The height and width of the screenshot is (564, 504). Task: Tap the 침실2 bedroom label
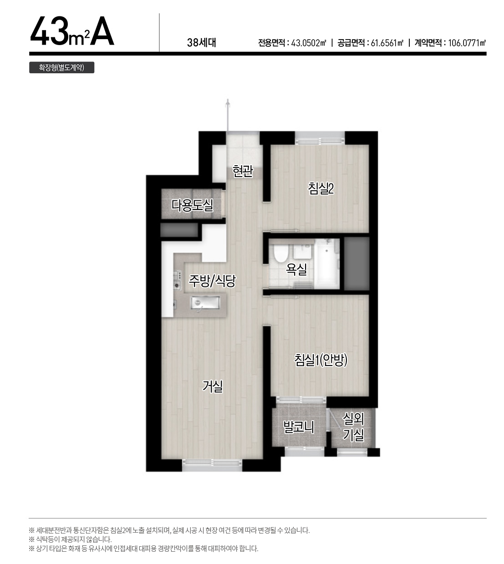point(321,188)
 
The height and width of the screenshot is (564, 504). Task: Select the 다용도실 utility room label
point(192,205)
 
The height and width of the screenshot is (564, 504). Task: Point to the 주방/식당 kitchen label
point(212,281)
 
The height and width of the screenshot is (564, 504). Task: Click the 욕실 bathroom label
point(296,269)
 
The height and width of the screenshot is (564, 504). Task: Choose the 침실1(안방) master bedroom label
point(321,360)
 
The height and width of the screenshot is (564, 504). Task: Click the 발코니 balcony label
point(299,427)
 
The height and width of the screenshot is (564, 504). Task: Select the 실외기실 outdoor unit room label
point(353,427)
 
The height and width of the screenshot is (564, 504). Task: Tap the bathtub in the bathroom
point(326,263)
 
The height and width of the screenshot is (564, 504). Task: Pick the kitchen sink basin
point(205,303)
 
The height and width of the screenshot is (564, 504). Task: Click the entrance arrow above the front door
point(228,115)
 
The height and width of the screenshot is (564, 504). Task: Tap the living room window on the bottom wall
point(212,463)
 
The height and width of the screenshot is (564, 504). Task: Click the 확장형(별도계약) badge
point(61,67)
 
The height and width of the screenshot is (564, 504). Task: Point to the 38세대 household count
point(202,43)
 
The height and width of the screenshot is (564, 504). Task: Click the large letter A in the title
point(102,31)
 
